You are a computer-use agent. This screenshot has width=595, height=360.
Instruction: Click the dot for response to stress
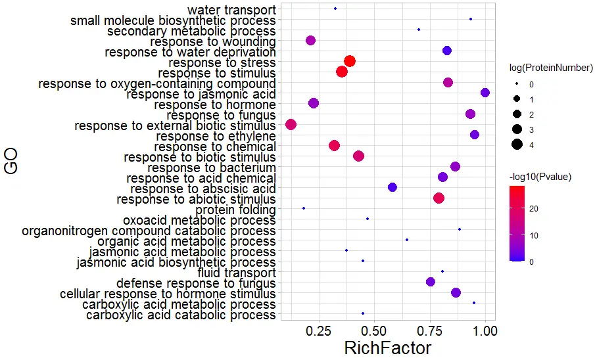tap(350, 61)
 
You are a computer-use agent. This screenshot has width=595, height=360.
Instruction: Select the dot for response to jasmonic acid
tap(485, 93)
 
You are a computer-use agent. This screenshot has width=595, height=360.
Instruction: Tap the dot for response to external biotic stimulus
tap(291, 125)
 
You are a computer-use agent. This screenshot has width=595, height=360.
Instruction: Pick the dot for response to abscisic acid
tap(393, 187)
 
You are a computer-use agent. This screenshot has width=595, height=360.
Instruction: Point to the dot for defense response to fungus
tap(431, 282)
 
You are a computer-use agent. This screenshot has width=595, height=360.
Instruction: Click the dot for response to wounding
tap(311, 41)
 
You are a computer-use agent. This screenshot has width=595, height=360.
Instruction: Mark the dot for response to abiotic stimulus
tap(439, 198)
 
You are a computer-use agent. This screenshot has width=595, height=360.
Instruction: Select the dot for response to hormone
tap(314, 103)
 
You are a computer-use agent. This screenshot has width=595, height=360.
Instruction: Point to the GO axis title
tap(11, 161)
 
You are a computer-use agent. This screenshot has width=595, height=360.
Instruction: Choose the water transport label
tap(231, 10)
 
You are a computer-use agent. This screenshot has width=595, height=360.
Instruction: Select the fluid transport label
tap(236, 273)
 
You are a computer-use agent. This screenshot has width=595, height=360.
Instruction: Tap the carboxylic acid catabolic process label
tap(181, 315)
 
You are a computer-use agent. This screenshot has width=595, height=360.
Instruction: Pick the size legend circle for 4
tap(517, 145)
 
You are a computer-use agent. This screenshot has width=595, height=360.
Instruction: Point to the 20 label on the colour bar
tap(534, 209)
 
